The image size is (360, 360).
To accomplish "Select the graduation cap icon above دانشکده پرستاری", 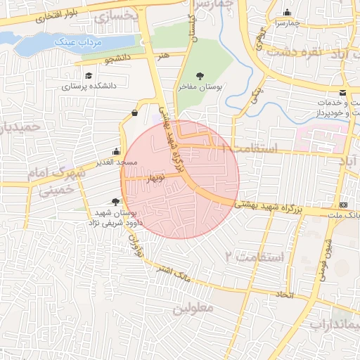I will coord(88,76).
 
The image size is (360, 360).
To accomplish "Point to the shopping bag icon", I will coord(134,113).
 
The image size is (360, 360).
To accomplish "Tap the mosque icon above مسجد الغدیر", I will coord(117,151).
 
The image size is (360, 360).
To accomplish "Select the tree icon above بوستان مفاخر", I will coord(202,75).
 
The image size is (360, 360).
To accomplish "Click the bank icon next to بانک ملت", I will coord(343,204).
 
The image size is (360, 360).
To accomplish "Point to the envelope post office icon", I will coord(342,93).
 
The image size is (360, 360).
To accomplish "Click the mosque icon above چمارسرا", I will coord(287,13).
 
